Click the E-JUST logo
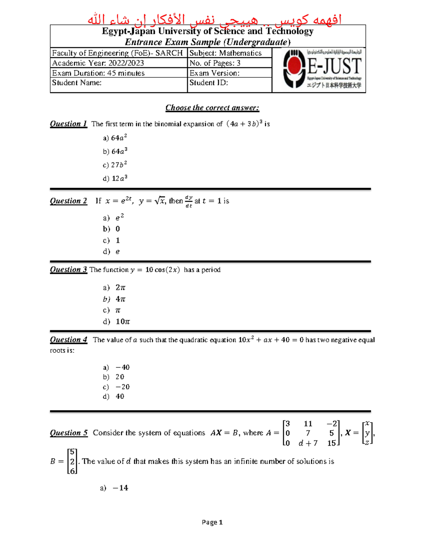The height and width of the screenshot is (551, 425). point(322,70)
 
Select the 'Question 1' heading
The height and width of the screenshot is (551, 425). point(68,124)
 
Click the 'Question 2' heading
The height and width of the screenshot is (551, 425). point(68,201)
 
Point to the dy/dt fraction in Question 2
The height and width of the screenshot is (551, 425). point(189,202)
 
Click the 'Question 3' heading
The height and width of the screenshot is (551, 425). point(68,270)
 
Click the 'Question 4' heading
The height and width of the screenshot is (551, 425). point(68,340)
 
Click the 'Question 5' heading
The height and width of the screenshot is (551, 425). point(69,433)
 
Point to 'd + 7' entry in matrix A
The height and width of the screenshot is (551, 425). point(308,443)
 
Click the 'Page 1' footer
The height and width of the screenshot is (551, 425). point(212,522)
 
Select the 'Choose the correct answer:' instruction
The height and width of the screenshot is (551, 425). point(212,108)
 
